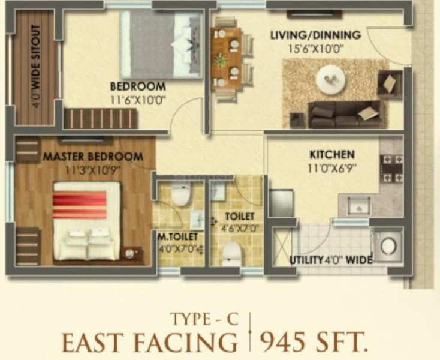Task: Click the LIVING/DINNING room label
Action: (315, 35)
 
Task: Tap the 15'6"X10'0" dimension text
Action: (316, 49)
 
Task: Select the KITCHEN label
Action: (332, 154)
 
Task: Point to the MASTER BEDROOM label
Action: (93, 157)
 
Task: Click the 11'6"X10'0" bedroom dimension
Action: (137, 100)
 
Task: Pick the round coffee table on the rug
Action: (330, 79)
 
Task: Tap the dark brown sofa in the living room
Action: (345, 114)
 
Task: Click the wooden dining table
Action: (226, 59)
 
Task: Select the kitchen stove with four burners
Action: (391, 168)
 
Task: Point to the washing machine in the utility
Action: (388, 246)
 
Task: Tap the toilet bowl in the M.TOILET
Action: (180, 194)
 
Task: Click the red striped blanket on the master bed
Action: (80, 205)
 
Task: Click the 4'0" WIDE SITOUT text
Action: (36, 67)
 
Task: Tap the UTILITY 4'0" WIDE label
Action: (331, 260)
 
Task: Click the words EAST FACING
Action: (150, 343)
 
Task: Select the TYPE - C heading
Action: (204, 319)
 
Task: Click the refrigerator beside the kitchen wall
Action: (281, 202)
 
